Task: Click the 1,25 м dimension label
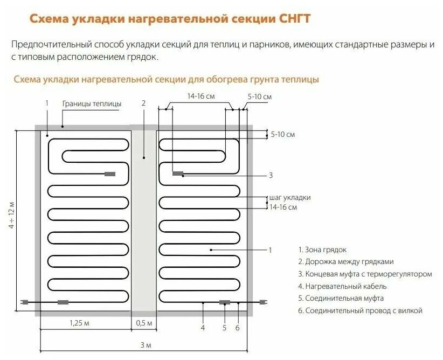(79, 323)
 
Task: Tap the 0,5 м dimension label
(143, 323)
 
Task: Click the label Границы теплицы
(92, 103)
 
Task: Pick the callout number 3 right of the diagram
(271, 175)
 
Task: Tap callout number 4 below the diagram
(203, 327)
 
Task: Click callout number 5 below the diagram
(224, 327)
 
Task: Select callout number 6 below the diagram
(238, 327)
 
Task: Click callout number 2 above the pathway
(143, 103)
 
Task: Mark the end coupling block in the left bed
(110, 174)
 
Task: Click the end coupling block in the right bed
(177, 174)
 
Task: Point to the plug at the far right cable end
(264, 302)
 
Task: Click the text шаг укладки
(289, 198)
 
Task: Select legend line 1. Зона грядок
(322, 250)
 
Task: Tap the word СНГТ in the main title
(290, 19)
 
